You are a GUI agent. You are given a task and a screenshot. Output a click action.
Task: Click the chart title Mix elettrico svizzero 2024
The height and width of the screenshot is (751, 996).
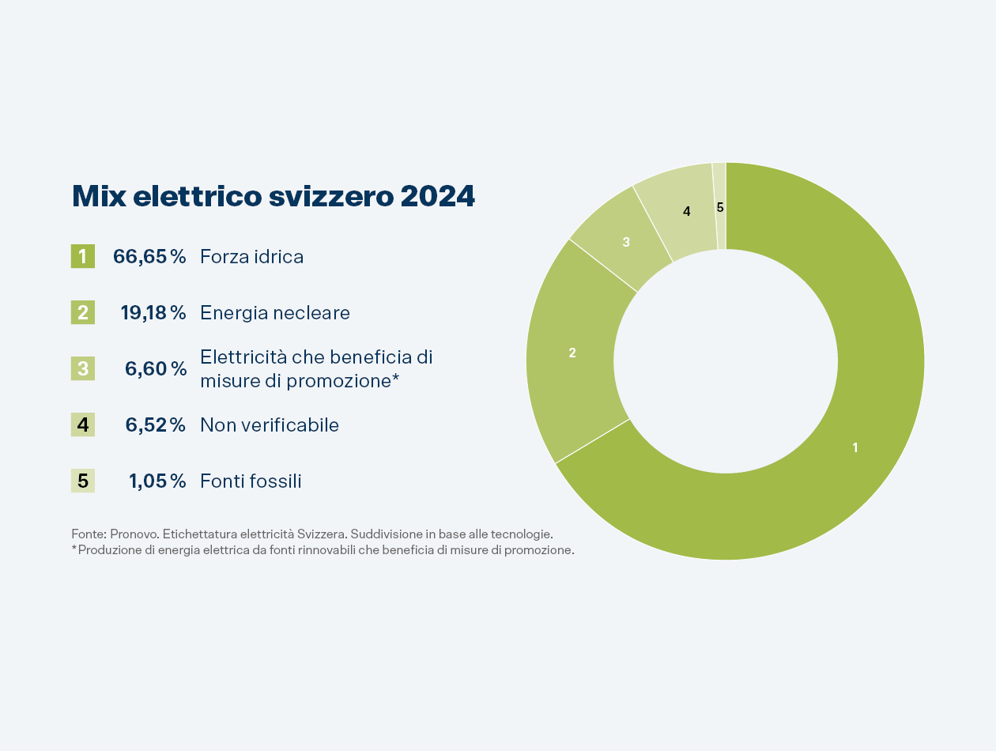click(x=273, y=197)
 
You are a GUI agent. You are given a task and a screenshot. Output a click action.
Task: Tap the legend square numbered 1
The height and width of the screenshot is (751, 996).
click(x=83, y=256)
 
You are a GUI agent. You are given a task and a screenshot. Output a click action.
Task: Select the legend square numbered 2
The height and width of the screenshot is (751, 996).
click(x=83, y=312)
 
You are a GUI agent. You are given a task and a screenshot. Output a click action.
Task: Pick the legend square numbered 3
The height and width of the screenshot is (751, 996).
click(x=83, y=368)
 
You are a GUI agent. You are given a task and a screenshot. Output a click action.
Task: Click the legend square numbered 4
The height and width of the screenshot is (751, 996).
click(x=83, y=425)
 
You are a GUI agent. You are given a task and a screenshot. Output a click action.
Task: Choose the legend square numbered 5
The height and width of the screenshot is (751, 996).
click(x=83, y=481)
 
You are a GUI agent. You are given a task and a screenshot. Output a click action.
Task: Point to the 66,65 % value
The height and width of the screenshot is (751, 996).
click(x=149, y=256)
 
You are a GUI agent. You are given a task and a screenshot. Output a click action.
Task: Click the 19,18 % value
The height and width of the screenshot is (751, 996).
click(x=153, y=312)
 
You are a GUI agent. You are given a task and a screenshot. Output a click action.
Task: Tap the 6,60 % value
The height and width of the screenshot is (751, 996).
click(x=156, y=368)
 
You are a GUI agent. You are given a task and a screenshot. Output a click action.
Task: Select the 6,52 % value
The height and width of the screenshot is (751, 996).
click(x=156, y=425)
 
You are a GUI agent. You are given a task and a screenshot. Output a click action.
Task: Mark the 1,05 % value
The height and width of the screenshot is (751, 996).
click(x=157, y=481)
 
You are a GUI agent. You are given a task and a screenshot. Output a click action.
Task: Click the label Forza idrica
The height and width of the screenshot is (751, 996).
click(x=251, y=257)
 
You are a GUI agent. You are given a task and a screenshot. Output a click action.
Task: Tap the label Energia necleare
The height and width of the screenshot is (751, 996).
click(x=274, y=313)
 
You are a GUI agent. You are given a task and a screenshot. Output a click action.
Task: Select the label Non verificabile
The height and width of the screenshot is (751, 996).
click(x=269, y=425)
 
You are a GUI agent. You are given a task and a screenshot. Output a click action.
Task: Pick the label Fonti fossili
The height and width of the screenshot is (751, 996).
click(x=251, y=481)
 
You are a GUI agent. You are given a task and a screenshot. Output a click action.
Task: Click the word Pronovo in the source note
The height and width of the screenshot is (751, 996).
click(x=134, y=534)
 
